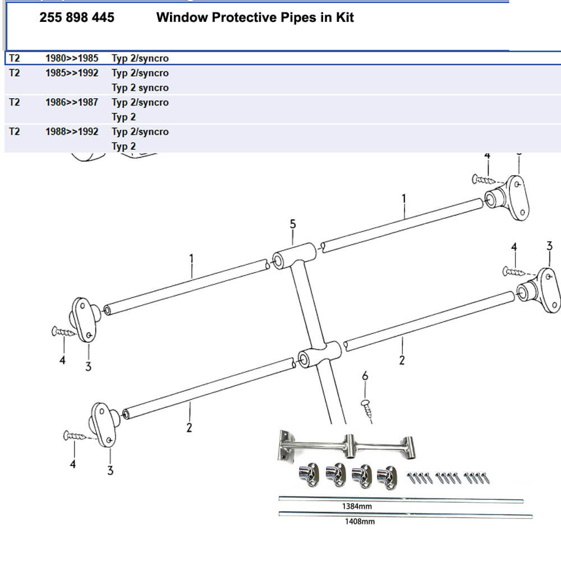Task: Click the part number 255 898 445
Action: point(77,17)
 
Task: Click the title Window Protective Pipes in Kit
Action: point(255,17)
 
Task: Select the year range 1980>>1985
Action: point(72,58)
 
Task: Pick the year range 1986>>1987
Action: point(72,102)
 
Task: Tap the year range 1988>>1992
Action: point(72,131)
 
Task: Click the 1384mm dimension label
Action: point(357,507)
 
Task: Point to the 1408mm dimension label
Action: point(359,521)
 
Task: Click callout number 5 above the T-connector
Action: point(293,224)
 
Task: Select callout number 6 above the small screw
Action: point(365,376)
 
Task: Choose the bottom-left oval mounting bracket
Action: point(103,424)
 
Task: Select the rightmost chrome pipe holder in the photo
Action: point(387,476)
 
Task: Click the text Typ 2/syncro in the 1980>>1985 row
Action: point(140,58)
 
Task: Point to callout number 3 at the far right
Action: point(549,246)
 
